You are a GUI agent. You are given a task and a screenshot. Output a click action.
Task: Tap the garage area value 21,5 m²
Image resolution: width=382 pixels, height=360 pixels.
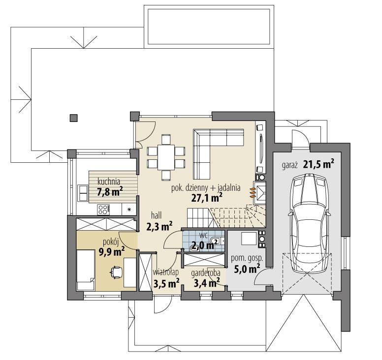[x=318, y=164]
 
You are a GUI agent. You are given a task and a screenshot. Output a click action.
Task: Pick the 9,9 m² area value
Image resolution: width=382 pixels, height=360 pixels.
[x=111, y=252]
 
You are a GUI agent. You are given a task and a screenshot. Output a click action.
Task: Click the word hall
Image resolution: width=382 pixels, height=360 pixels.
[x=157, y=215]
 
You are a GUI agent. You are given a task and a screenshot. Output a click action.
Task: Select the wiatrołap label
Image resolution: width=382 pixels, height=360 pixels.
[x=165, y=271]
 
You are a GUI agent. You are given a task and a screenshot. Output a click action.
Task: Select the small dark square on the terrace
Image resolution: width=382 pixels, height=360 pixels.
[x=73, y=118]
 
